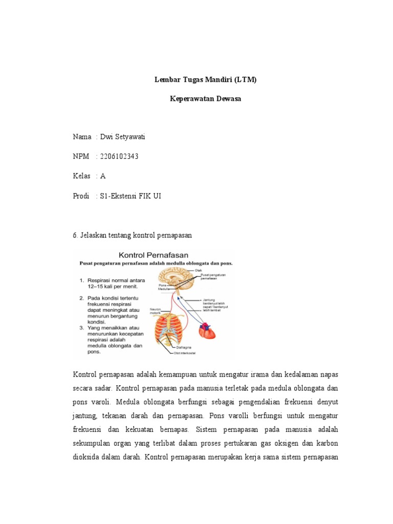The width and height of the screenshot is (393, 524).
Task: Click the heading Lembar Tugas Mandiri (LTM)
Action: [205, 80]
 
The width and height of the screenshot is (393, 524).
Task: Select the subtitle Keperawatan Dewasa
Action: [205, 99]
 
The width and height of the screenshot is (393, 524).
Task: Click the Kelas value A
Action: [103, 176]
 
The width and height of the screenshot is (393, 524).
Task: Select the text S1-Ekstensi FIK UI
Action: [130, 195]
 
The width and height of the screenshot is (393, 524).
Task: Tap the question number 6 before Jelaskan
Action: [76, 235]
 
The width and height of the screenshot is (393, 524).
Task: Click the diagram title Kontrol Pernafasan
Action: [154, 254]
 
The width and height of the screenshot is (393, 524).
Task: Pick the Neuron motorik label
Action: [156, 311]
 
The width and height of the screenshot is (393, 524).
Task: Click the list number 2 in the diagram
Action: [81, 298]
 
